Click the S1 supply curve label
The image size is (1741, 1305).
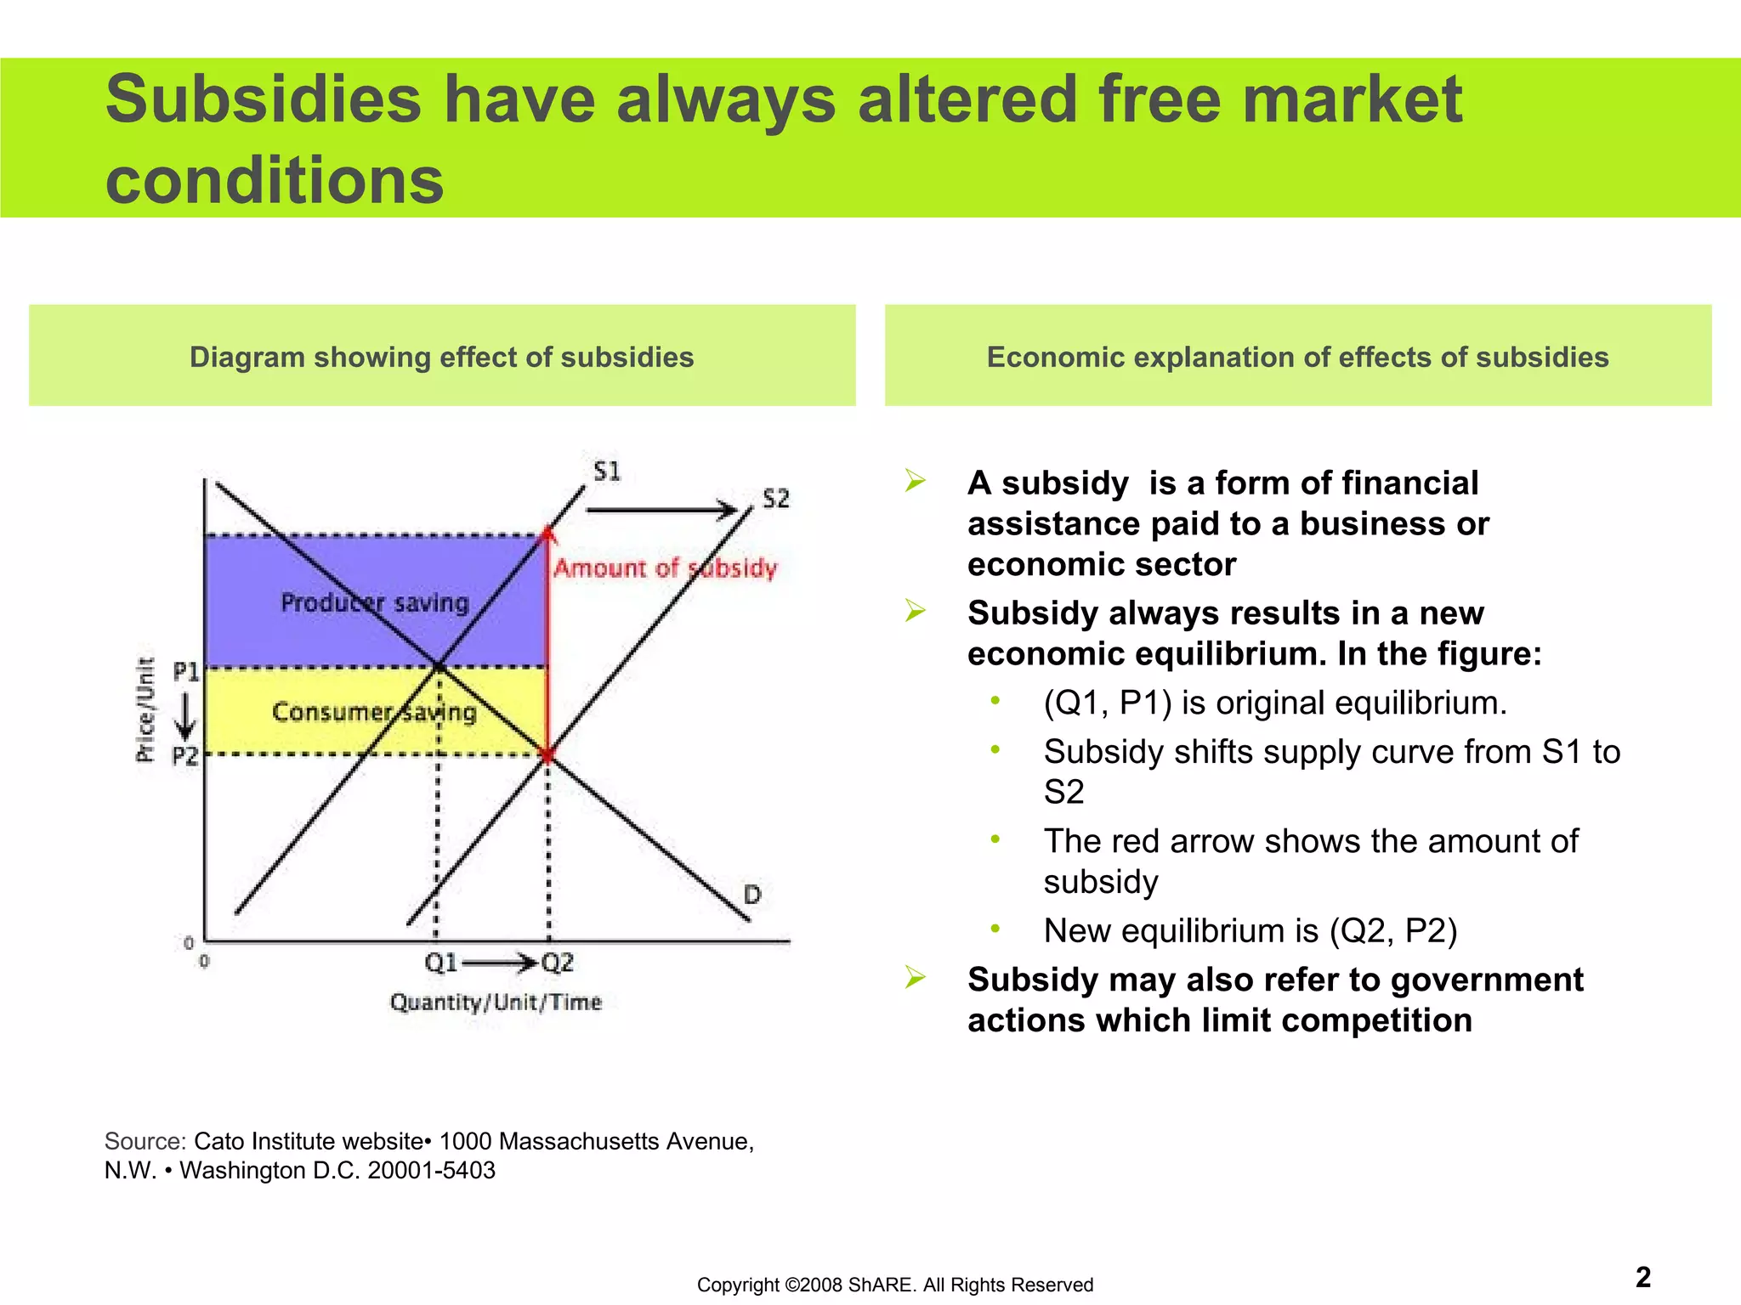click(607, 472)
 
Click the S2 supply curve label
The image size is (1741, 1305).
click(775, 499)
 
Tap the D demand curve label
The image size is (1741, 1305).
click(752, 895)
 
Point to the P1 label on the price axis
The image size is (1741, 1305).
click(186, 673)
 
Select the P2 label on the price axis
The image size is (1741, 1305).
click(185, 756)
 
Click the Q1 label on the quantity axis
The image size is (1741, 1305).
click(441, 963)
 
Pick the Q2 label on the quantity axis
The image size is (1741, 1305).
click(558, 963)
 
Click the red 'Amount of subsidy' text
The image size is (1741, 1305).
click(666, 568)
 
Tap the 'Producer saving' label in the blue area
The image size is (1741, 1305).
click(375, 603)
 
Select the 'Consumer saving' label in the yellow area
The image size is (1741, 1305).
click(374, 712)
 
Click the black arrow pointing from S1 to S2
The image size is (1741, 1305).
click(661, 511)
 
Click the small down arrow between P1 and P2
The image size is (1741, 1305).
click(185, 715)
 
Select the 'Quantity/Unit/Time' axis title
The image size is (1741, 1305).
click(496, 1003)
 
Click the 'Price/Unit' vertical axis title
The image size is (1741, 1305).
click(146, 710)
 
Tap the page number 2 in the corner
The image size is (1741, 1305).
click(1642, 1277)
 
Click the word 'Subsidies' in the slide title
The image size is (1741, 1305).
click(263, 99)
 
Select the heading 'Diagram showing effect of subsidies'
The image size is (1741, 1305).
click(441, 357)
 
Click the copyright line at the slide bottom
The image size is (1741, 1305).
click(894, 1285)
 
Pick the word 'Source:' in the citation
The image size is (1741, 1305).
click(145, 1141)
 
